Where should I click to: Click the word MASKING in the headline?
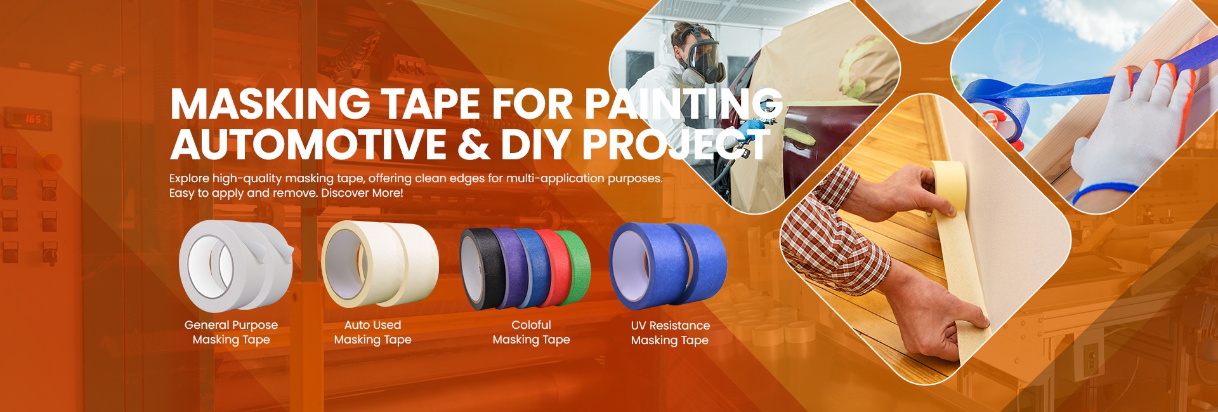click(270, 103)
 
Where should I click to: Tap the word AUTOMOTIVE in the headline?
click(308, 143)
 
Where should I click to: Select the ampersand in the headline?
click(473, 143)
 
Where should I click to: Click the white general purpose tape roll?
click(235, 265)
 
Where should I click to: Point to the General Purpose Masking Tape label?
click(231, 332)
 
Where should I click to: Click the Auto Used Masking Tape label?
click(372, 332)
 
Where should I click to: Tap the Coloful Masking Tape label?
click(531, 332)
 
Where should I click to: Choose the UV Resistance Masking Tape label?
click(670, 333)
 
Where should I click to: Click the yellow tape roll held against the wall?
click(948, 184)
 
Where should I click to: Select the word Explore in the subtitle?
click(189, 178)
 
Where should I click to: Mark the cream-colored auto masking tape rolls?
click(379, 264)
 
